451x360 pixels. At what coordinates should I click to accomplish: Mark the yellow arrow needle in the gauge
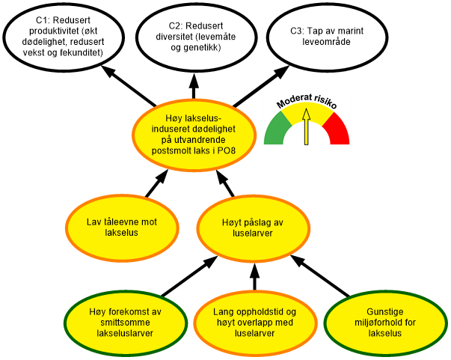pyautogui.click(x=305, y=127)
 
